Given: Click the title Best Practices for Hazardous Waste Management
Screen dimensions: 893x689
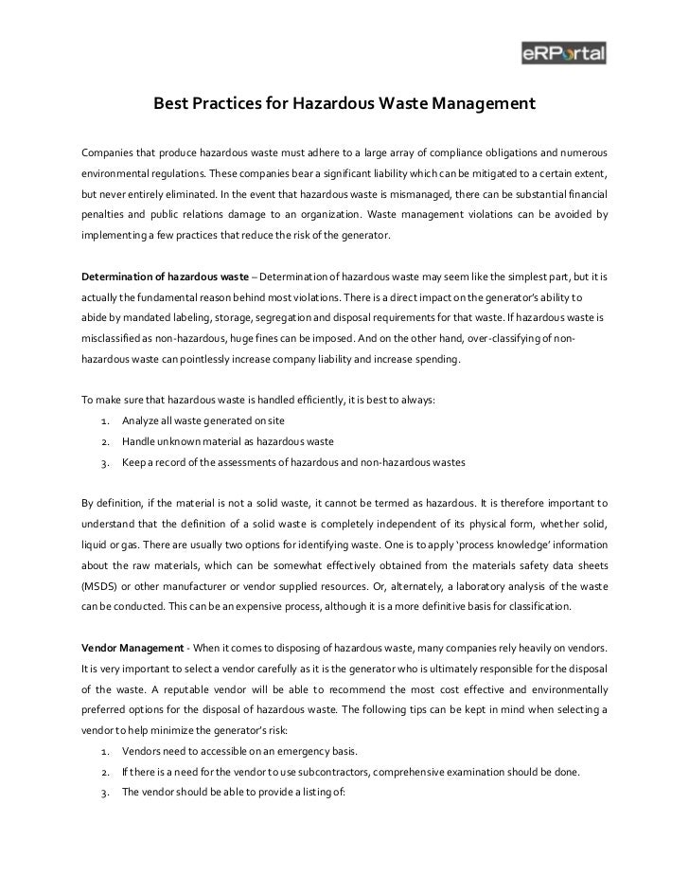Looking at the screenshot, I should pyautogui.click(x=345, y=101).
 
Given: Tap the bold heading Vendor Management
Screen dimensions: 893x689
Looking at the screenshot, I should pyautogui.click(x=132, y=646).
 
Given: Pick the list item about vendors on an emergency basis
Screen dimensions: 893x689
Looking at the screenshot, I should pyautogui.click(x=239, y=751).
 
